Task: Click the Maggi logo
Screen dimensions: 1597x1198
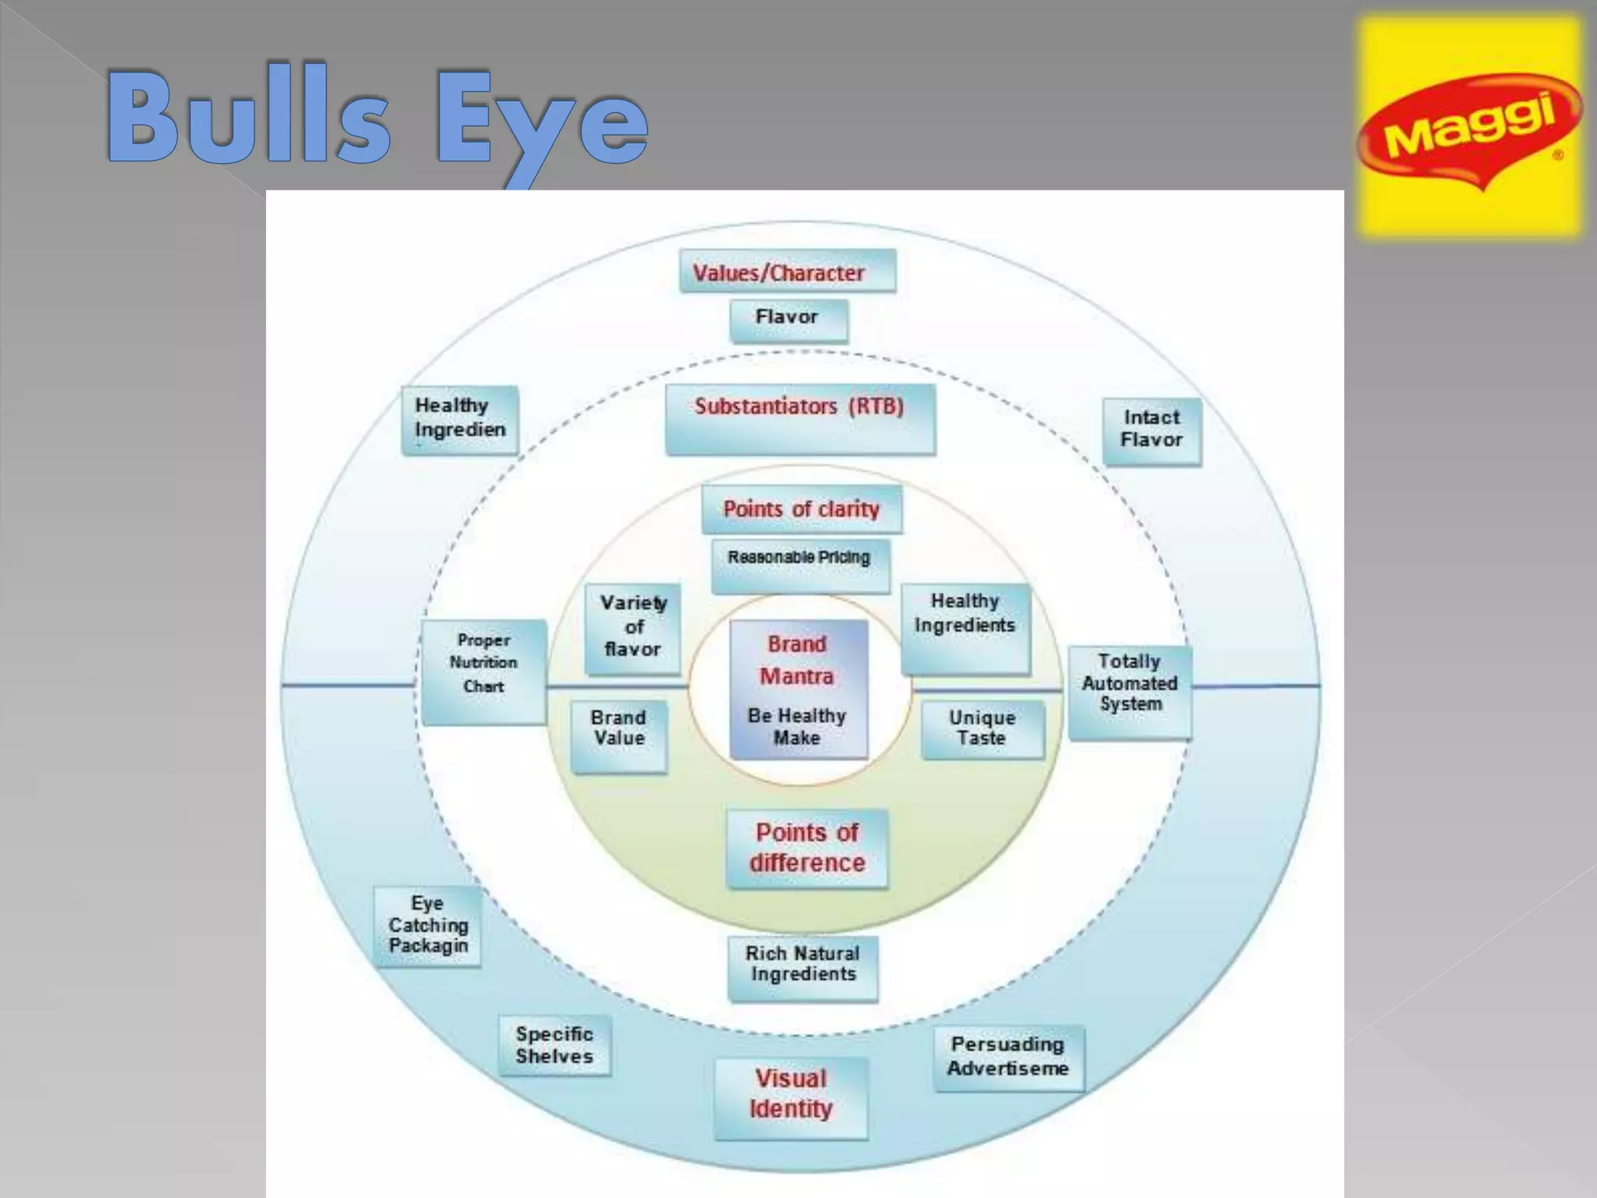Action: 1470,126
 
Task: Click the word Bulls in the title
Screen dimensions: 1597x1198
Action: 249,117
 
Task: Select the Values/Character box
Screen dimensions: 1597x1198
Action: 788,271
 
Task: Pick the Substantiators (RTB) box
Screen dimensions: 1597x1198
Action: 800,419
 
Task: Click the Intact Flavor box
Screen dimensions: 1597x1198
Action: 1152,432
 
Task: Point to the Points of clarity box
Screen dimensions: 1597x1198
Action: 802,509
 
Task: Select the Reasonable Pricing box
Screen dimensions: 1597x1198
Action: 800,565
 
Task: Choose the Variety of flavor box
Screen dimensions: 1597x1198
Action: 632,629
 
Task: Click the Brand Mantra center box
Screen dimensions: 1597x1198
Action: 798,689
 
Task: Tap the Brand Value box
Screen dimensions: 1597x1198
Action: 619,737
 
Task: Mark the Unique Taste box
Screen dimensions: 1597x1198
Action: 983,730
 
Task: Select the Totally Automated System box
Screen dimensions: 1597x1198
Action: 1130,693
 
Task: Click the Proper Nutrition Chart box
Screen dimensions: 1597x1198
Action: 483,672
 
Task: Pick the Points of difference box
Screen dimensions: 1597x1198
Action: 807,849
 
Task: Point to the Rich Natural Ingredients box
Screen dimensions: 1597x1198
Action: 802,969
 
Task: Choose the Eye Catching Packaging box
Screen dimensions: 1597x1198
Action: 427,927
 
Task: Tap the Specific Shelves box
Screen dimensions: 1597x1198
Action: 554,1046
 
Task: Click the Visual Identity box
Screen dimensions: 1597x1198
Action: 791,1097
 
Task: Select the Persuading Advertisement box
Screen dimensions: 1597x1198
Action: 1009,1058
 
